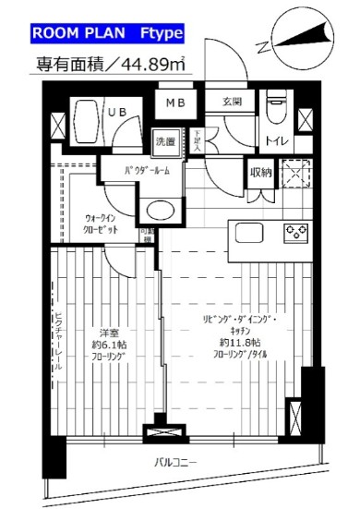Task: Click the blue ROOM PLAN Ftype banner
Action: [x=108, y=34]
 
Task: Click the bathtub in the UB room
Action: [x=89, y=121]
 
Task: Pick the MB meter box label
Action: [x=175, y=103]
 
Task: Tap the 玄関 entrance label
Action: [x=232, y=103]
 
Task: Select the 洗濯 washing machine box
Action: [x=165, y=142]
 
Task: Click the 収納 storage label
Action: [x=259, y=171]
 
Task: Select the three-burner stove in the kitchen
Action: [x=295, y=232]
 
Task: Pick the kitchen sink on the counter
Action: [x=250, y=232]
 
